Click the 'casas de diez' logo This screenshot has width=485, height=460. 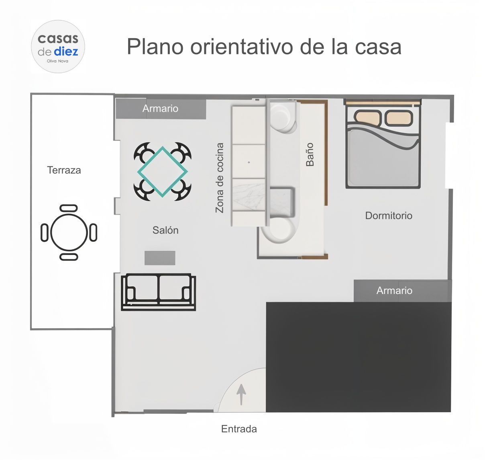(58, 47)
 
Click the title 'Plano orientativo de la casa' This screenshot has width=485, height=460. (264, 47)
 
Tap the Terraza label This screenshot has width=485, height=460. (64, 170)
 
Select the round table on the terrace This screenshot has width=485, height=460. (69, 232)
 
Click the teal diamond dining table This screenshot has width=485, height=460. (162, 171)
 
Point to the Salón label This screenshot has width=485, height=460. (165, 230)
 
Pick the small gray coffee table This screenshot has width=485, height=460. (160, 258)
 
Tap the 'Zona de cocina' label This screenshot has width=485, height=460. (220, 178)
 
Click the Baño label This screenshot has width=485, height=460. (310, 154)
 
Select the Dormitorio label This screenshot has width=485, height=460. (389, 216)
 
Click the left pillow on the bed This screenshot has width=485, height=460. (368, 117)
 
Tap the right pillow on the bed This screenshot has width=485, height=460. (399, 118)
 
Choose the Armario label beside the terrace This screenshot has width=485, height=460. (160, 109)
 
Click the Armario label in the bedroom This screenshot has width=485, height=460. (394, 291)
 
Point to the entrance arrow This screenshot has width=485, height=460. (241, 394)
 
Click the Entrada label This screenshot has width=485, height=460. (239, 429)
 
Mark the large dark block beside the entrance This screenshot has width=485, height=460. (359, 357)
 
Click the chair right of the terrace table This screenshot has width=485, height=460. (93, 232)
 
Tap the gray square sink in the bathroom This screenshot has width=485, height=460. (282, 203)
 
